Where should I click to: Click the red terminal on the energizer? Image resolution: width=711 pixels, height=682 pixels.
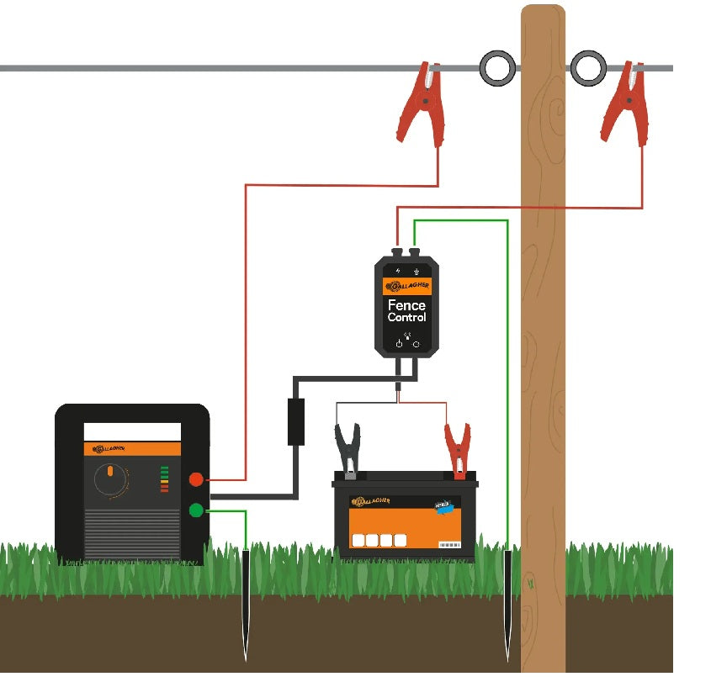click(196, 479)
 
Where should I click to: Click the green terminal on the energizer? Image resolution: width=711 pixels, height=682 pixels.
click(196, 510)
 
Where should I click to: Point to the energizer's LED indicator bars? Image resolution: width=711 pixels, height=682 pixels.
click(164, 478)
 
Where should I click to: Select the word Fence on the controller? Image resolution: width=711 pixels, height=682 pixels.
click(406, 304)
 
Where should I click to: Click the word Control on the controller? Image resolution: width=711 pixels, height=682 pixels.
click(406, 318)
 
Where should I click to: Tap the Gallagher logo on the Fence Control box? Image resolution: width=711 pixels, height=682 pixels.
click(406, 286)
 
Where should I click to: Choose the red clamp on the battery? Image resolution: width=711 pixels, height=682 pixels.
click(457, 449)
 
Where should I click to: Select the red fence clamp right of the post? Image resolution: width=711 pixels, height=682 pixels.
click(623, 105)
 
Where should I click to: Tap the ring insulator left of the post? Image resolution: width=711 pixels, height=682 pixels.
click(497, 68)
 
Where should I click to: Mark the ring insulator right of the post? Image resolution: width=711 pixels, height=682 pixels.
click(588, 68)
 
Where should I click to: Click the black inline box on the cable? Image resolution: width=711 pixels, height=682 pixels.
click(296, 421)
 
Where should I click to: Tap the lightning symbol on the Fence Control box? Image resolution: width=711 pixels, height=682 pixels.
click(397, 271)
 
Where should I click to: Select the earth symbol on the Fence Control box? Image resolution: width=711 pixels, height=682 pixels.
click(416, 271)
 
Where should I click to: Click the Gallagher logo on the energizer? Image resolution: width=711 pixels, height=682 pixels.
click(109, 449)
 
